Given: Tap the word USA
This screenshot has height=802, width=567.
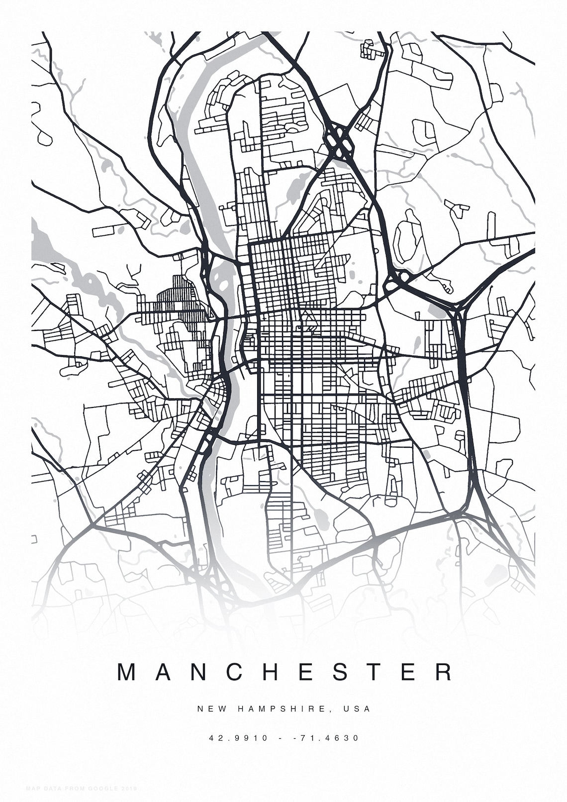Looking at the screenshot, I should (x=357, y=709).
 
